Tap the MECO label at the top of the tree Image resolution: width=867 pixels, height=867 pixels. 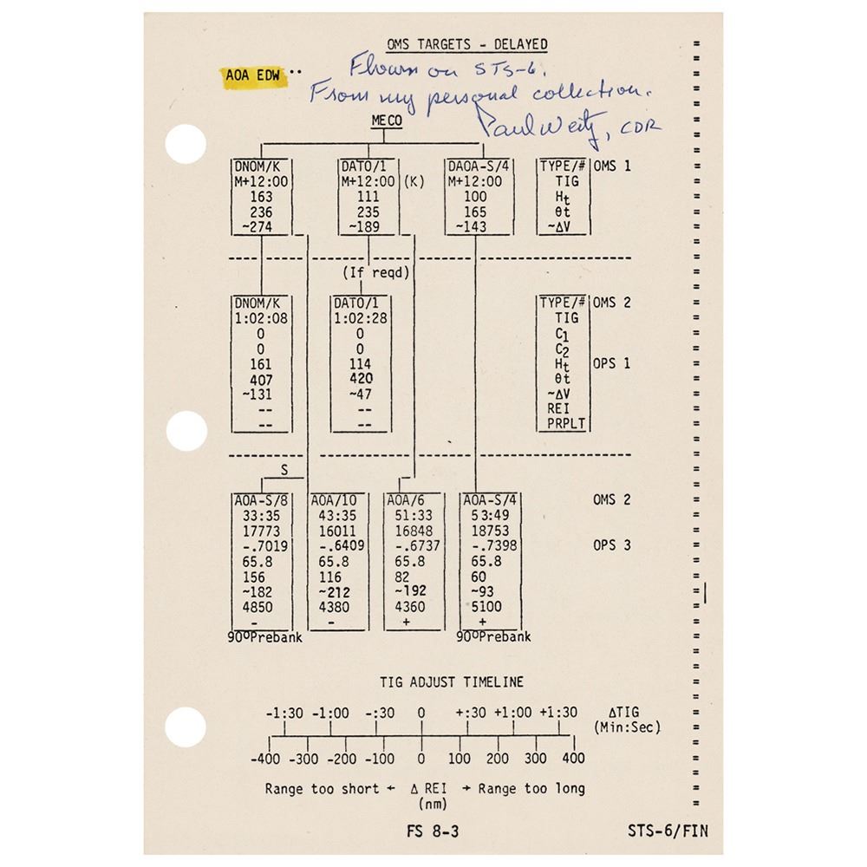click(x=387, y=121)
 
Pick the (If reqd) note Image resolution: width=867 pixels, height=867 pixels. click(x=375, y=273)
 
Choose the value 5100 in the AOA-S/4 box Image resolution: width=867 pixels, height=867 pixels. click(x=483, y=606)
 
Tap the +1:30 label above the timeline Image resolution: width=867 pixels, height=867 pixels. click(x=557, y=713)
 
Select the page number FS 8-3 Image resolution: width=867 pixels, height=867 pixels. click(x=433, y=831)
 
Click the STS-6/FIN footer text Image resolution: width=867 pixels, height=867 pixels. click(x=668, y=831)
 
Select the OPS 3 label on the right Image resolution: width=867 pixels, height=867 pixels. click(x=611, y=545)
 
